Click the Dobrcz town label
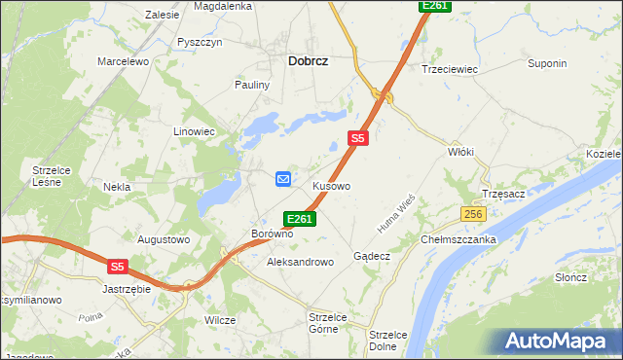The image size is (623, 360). coord(308,60)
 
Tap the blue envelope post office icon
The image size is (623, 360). coord(283,178)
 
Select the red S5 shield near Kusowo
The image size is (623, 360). coord(358,139)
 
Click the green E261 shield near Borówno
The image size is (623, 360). coord(299,219)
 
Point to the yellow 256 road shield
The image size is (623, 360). coord(473,214)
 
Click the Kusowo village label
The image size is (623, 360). coord(331,185)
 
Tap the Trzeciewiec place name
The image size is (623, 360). coord(448,69)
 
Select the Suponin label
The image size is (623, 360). coord(546,64)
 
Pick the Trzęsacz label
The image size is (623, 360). coord(503,194)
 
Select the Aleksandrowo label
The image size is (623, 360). coord(300,262)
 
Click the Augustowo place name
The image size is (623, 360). coord(164,238)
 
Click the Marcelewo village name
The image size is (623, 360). coord(122,61)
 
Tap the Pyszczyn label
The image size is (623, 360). coord(201,42)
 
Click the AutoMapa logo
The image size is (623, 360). coord(558,341)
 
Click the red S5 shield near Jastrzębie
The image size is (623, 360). coord(117,265)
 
